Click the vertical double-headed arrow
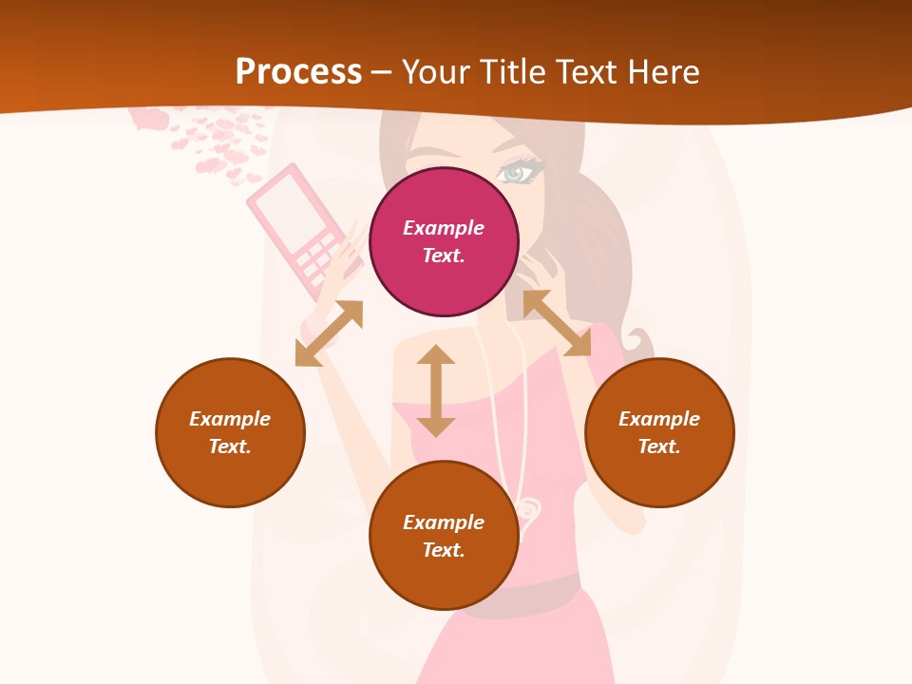[436, 390]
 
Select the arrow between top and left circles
[329, 333]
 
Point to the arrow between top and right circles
[557, 323]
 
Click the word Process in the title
[298, 71]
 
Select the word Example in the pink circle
[444, 228]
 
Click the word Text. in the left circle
[230, 446]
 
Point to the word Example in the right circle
[659, 419]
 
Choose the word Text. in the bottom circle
[444, 550]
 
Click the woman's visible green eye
[518, 173]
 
